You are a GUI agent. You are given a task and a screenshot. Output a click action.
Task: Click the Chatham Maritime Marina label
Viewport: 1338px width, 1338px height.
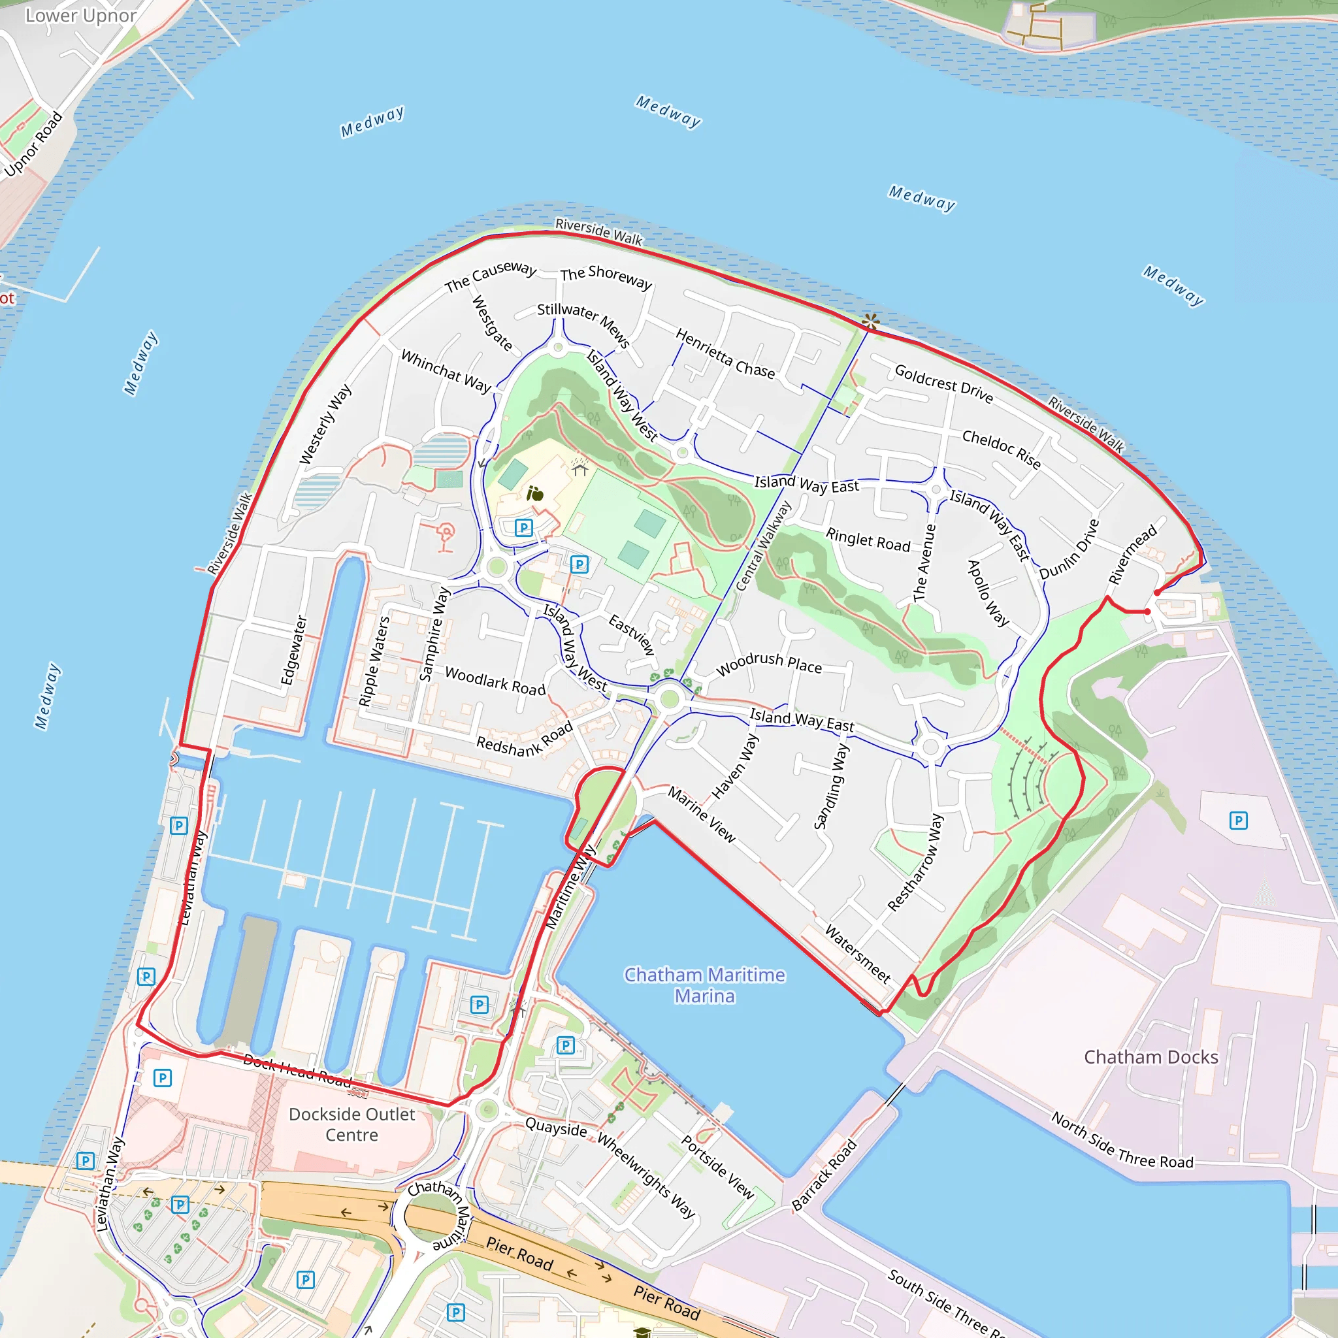[704, 985]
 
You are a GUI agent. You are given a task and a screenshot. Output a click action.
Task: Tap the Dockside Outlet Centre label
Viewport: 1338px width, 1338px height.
[352, 1124]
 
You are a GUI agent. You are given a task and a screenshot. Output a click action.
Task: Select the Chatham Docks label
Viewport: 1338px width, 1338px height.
[1150, 1057]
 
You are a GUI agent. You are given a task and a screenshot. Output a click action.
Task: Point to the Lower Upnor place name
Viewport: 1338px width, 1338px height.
[80, 15]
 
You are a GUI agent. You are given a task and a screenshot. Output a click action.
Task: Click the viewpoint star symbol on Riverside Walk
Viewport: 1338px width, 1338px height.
[870, 321]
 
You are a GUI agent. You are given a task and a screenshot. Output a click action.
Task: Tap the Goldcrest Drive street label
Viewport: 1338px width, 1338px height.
[944, 383]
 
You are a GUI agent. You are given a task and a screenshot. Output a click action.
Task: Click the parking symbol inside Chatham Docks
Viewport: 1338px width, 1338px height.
[1238, 821]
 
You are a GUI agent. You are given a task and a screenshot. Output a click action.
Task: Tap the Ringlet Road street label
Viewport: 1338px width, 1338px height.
[868, 540]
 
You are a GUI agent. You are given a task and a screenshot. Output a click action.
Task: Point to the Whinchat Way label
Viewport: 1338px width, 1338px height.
[446, 370]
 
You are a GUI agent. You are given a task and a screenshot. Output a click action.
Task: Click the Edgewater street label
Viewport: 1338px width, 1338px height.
[293, 649]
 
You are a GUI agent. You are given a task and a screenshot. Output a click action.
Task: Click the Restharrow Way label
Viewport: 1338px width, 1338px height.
[915, 862]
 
